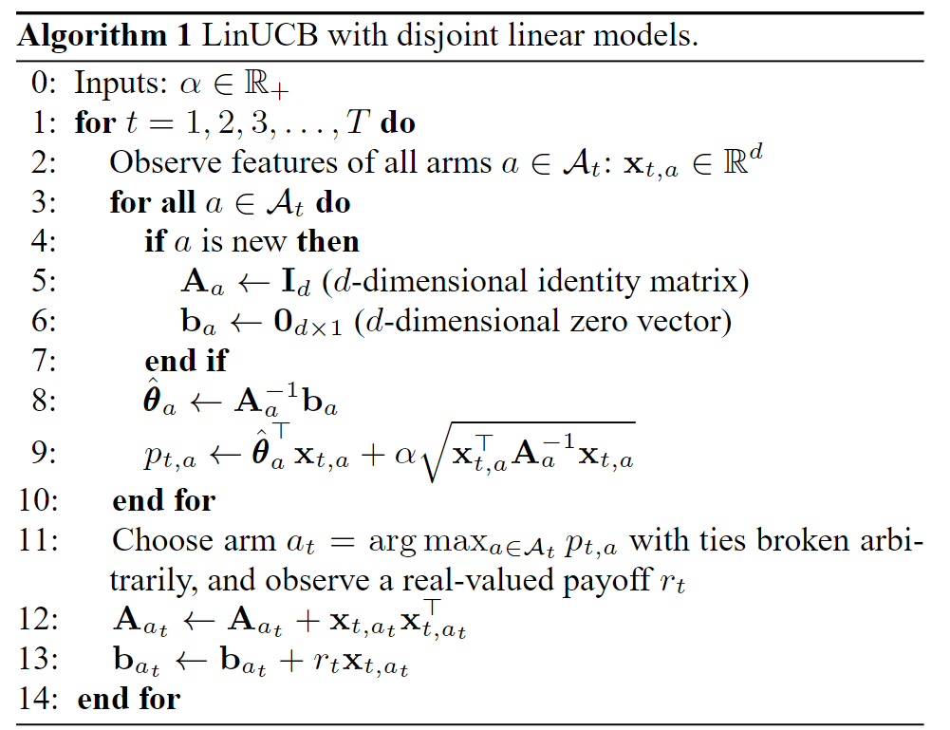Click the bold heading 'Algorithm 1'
(x=104, y=37)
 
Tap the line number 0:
(x=45, y=84)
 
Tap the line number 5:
(x=45, y=282)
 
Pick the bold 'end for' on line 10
(x=164, y=499)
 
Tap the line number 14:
(x=38, y=700)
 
